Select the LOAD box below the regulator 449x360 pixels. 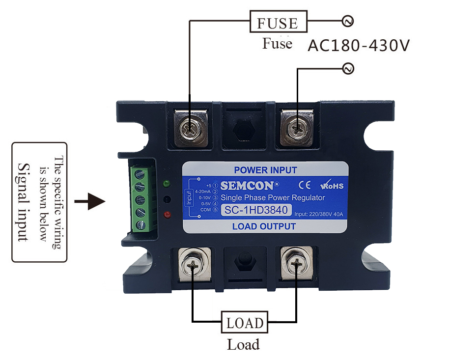tap(245, 323)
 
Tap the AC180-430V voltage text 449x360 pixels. tap(359, 46)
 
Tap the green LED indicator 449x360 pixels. tap(167, 184)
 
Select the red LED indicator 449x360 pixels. tap(167, 215)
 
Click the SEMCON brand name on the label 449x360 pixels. tap(249, 186)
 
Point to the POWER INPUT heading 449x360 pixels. tap(265, 170)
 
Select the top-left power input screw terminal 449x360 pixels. tap(189, 128)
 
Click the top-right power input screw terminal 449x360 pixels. tap(296, 129)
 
